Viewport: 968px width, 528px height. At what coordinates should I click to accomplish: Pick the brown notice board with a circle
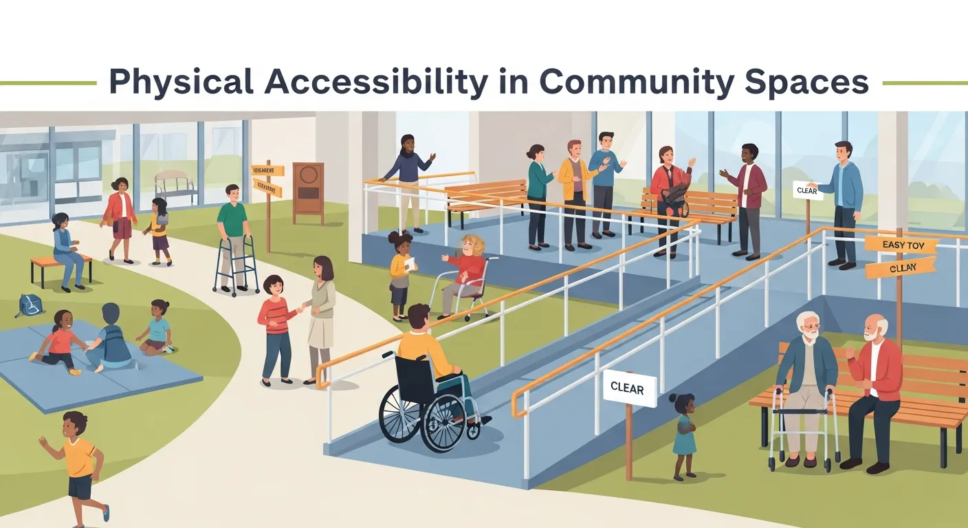(308, 192)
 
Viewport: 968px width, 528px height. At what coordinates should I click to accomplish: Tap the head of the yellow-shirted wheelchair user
(419, 317)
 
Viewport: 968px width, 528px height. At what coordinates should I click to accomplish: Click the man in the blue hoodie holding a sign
(844, 199)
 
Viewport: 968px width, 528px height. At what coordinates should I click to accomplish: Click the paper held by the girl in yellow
(410, 264)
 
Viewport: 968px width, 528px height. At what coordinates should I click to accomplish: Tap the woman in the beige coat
(320, 316)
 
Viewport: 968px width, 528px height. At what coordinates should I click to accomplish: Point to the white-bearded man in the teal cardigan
(807, 385)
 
